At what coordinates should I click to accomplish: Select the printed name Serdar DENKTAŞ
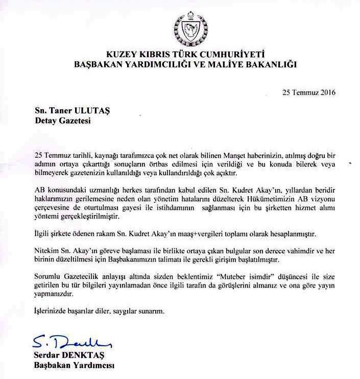pyautogui.click(x=67, y=356)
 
